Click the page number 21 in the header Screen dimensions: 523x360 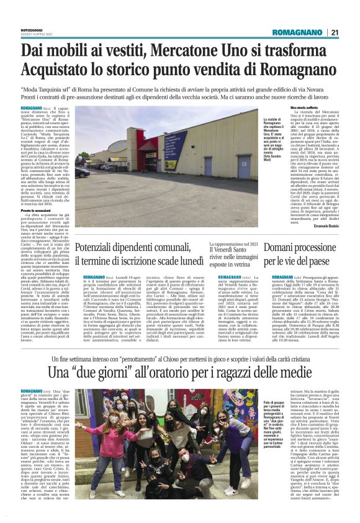click(334, 33)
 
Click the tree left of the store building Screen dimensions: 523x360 click(86, 158)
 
